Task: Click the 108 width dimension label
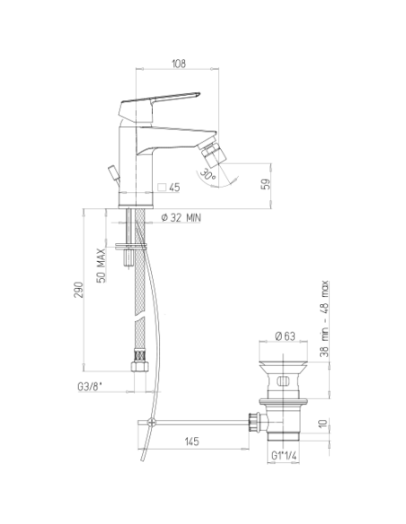(x=179, y=64)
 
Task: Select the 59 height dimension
(x=266, y=184)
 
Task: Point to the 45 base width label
(x=174, y=188)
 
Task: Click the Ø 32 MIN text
(x=181, y=218)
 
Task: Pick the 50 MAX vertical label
(x=101, y=266)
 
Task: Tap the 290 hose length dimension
(x=78, y=290)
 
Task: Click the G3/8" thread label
(x=90, y=387)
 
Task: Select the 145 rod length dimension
(x=192, y=441)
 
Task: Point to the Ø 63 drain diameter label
(x=285, y=336)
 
